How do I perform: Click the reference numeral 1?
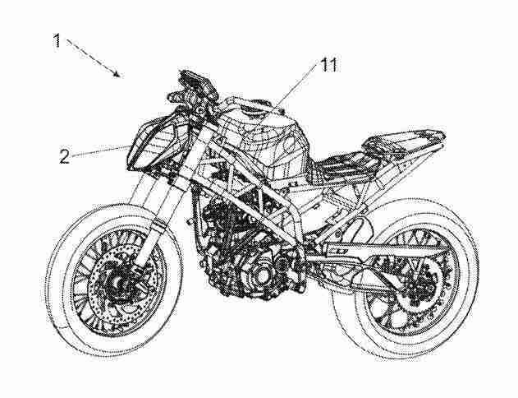[57, 40]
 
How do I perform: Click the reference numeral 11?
[329, 65]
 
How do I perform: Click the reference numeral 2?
[64, 156]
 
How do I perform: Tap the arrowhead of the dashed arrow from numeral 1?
[117, 74]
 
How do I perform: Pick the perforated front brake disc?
[96, 291]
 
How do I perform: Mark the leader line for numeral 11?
[297, 86]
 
